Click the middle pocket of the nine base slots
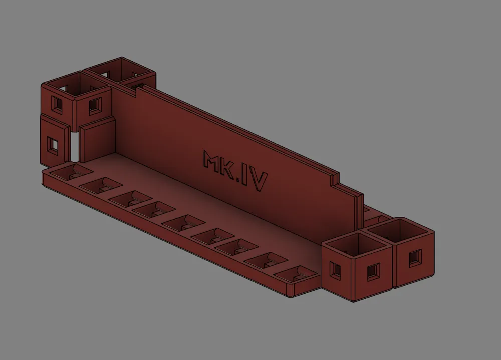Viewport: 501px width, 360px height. (180, 222)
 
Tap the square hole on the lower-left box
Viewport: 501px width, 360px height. (52, 144)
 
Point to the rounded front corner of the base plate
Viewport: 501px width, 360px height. (291, 292)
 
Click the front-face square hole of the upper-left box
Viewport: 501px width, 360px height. (94, 106)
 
